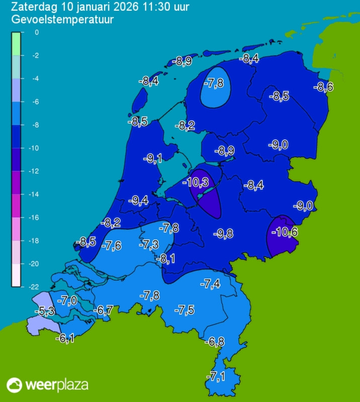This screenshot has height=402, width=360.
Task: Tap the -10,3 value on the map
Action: point(198,181)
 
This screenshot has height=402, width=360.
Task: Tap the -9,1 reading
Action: point(152,159)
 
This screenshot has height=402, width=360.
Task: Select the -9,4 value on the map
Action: point(138,200)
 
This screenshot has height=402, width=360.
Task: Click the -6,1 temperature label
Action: point(65,339)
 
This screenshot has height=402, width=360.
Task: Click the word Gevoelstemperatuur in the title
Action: point(62,20)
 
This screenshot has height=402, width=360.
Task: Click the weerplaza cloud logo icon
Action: point(14,385)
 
